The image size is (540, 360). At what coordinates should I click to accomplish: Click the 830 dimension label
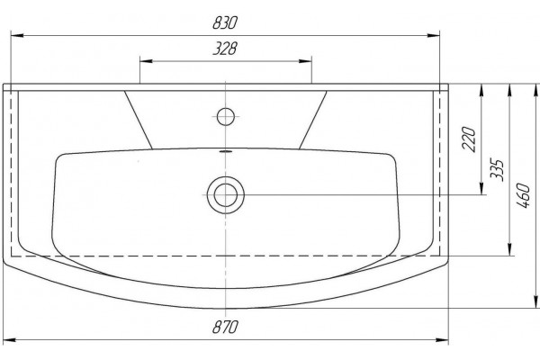pos(225,22)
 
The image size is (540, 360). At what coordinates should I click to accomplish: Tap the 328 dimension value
pos(225,49)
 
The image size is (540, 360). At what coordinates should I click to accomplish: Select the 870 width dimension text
pos(225,327)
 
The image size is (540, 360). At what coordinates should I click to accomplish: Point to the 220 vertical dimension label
pos(469,139)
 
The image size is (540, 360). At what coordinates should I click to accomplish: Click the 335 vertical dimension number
pos(498,170)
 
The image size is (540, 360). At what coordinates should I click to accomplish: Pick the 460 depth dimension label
pos(523,195)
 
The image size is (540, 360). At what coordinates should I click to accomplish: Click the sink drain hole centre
pos(226,195)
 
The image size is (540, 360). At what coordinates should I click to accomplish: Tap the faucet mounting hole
pos(226,116)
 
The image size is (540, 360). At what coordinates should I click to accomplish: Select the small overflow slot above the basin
pos(226,151)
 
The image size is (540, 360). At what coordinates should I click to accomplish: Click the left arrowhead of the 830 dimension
pos(17,35)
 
